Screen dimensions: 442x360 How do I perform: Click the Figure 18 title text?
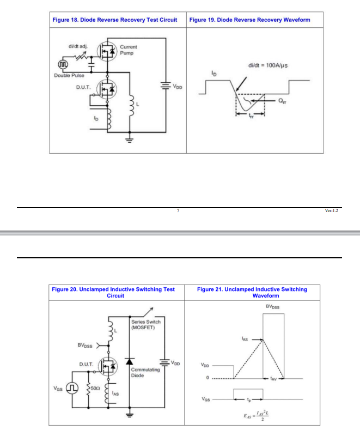point(114,20)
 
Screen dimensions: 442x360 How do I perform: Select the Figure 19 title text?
point(249,20)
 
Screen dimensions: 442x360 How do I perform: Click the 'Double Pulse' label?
point(69,75)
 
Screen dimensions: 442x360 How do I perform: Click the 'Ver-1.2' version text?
point(331,210)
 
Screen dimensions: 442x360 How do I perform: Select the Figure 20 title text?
point(113,292)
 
